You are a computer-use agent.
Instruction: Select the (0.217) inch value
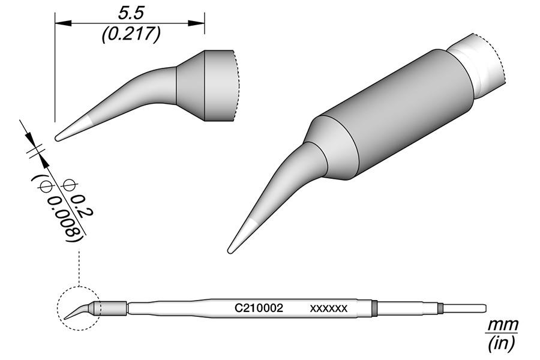130,35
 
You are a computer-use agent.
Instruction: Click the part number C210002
259,308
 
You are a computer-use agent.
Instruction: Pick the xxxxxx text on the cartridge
328,308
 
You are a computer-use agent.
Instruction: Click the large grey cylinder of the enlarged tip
396,114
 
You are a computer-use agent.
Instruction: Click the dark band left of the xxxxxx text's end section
374,308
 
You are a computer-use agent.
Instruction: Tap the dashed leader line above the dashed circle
79,264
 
